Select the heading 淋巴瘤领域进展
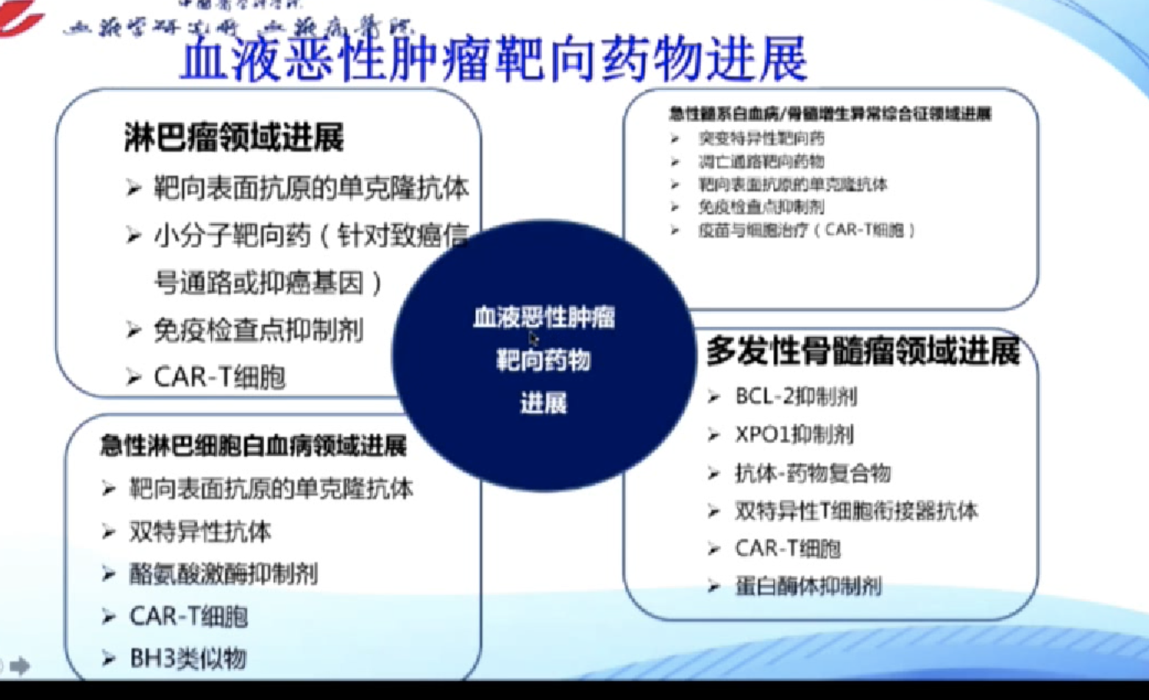click(x=233, y=137)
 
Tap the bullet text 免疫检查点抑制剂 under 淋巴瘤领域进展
click(x=257, y=330)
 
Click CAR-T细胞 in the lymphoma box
click(x=219, y=377)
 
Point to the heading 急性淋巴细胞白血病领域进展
click(x=253, y=446)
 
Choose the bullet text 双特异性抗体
click(x=200, y=531)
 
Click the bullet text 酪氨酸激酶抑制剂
click(x=223, y=574)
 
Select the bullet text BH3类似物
click(x=188, y=658)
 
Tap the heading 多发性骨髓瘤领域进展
click(x=863, y=351)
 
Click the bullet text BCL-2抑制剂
click(x=796, y=397)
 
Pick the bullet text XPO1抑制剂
click(x=794, y=435)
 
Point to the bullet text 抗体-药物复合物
click(x=813, y=473)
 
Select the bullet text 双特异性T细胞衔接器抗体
click(x=856, y=510)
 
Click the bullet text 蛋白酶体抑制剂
click(x=808, y=586)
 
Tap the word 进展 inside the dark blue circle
click(x=544, y=403)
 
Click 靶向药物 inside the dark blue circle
click(x=544, y=360)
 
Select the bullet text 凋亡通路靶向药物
click(x=761, y=162)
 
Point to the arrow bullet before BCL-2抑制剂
click(x=713, y=397)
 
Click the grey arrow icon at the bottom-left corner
click(x=20, y=665)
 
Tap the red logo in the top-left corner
click(x=20, y=16)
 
